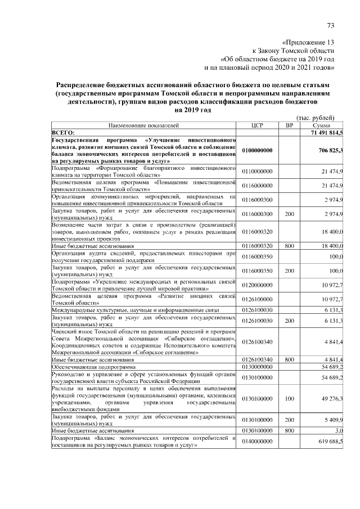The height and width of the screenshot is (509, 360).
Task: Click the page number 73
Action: [x=330, y=25]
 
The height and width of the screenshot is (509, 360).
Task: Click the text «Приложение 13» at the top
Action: [x=308, y=42]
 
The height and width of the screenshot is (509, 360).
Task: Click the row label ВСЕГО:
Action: [x=64, y=132]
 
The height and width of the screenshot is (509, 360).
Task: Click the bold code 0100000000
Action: [x=258, y=151]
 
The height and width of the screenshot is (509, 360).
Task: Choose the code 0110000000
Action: [x=257, y=171]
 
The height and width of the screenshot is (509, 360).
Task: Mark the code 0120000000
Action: [x=257, y=286]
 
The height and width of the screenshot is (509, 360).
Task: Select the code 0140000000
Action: [x=257, y=440]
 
